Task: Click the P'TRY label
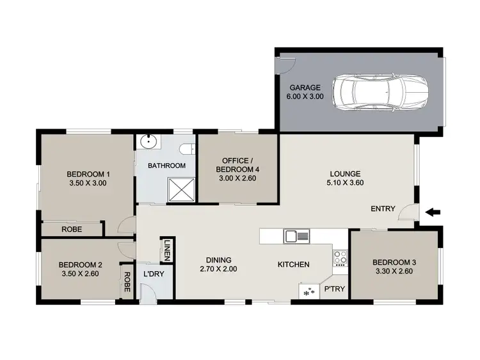pos(334,289)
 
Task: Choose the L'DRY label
pos(154,274)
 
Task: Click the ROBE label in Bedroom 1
pos(71,229)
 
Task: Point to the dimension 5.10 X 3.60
pos(346,183)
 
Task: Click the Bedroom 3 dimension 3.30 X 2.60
pos(394,272)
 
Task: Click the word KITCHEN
pos(293,264)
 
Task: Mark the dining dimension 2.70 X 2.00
pos(218,269)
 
